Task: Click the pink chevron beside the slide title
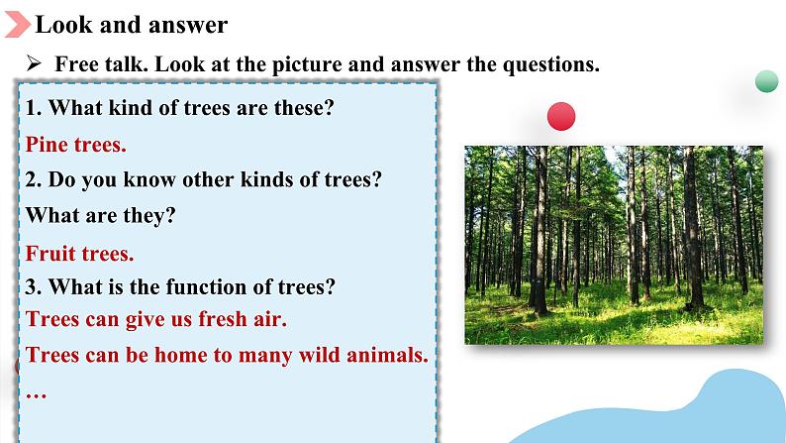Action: (x=17, y=25)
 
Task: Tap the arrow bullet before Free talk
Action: (x=34, y=63)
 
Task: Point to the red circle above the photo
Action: (x=561, y=116)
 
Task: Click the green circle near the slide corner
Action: (x=766, y=81)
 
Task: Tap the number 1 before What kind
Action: (x=32, y=108)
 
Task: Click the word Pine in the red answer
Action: (x=47, y=145)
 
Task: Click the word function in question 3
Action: (x=206, y=287)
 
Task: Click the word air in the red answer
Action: (x=269, y=319)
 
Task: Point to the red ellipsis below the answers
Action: (x=36, y=396)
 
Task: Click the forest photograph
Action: (x=614, y=245)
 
